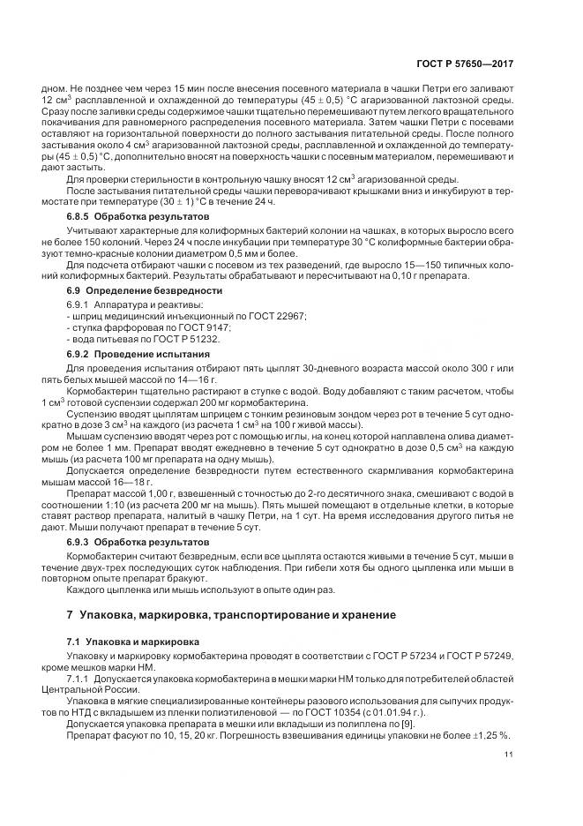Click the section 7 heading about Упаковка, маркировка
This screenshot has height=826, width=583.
pos(232,613)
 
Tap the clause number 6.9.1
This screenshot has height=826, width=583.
pos(80,304)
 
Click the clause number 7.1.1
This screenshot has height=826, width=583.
pos(80,680)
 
